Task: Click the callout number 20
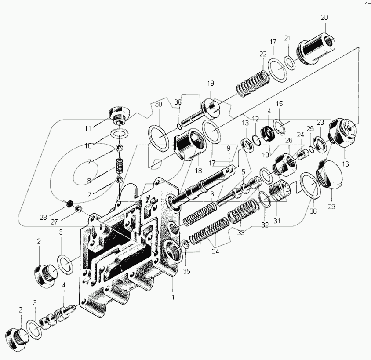(324, 18)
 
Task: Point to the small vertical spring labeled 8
(118, 167)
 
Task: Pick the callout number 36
(178, 102)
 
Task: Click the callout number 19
(211, 84)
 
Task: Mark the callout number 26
(288, 141)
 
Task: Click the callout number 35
(186, 271)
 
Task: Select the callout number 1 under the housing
(173, 297)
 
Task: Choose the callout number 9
(228, 148)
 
